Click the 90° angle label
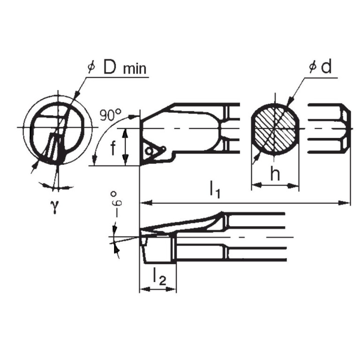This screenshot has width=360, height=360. tap(110, 114)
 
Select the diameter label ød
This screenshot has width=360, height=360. tap(321, 67)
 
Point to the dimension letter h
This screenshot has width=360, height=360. tap(276, 174)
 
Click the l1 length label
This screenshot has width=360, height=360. tap(214, 190)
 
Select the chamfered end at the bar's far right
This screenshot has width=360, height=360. tap(346, 128)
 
